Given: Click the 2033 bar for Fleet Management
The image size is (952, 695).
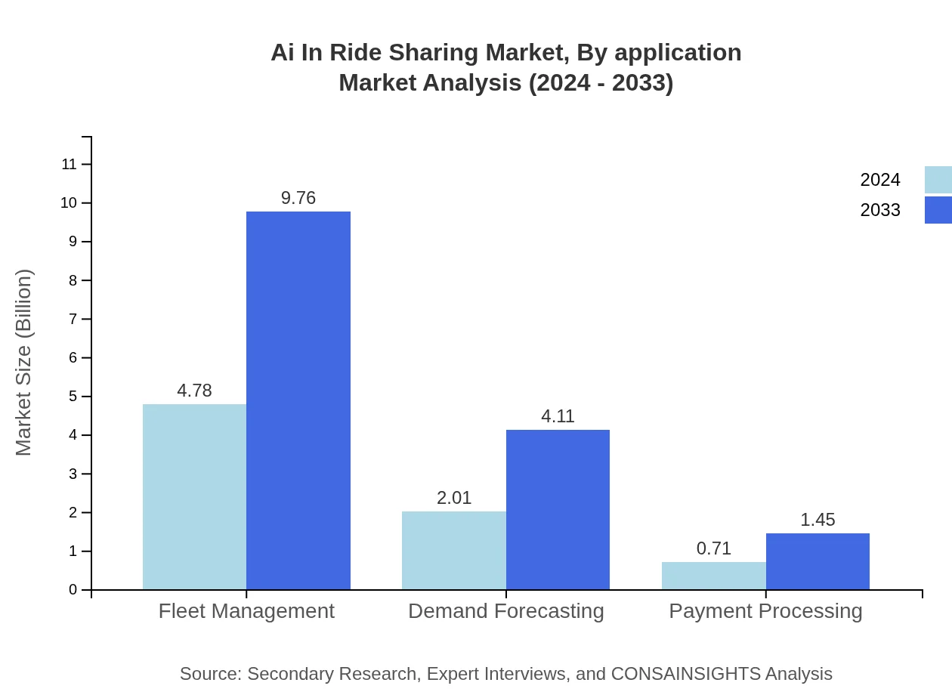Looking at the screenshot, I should pyautogui.click(x=298, y=400).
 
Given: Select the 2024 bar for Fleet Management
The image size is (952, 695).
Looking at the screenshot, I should pyautogui.click(x=194, y=496).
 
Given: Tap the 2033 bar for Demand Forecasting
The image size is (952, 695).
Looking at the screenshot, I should pyautogui.click(x=558, y=509).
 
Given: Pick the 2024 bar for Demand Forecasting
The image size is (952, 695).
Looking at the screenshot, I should pyautogui.click(x=454, y=550).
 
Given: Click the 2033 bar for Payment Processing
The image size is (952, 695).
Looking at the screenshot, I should pyautogui.click(x=818, y=561).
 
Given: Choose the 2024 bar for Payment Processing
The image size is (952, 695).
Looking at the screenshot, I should pyautogui.click(x=714, y=576).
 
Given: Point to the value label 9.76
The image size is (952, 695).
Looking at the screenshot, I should pyautogui.click(x=298, y=198).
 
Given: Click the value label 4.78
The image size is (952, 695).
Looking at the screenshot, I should pyautogui.click(x=194, y=391).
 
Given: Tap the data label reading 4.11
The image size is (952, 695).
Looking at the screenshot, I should pyautogui.click(x=558, y=416).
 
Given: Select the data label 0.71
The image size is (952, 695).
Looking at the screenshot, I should pyautogui.click(x=714, y=548).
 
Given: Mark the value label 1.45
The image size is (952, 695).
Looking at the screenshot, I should pyautogui.click(x=818, y=520).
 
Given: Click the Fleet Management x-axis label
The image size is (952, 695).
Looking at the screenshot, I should pyautogui.click(x=246, y=611).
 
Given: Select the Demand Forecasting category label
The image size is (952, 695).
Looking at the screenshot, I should pyautogui.click(x=506, y=611).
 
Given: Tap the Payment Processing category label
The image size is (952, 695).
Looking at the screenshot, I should pyautogui.click(x=765, y=611).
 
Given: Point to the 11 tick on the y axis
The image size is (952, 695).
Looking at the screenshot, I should pyautogui.click(x=70, y=164).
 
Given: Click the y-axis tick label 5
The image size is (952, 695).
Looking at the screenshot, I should pyautogui.click(x=73, y=397).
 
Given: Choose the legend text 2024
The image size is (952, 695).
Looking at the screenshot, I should pyautogui.click(x=880, y=180).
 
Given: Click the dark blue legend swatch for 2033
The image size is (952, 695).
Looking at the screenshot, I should pyautogui.click(x=938, y=210).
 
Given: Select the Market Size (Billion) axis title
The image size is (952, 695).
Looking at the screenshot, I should pyautogui.click(x=23, y=363).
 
